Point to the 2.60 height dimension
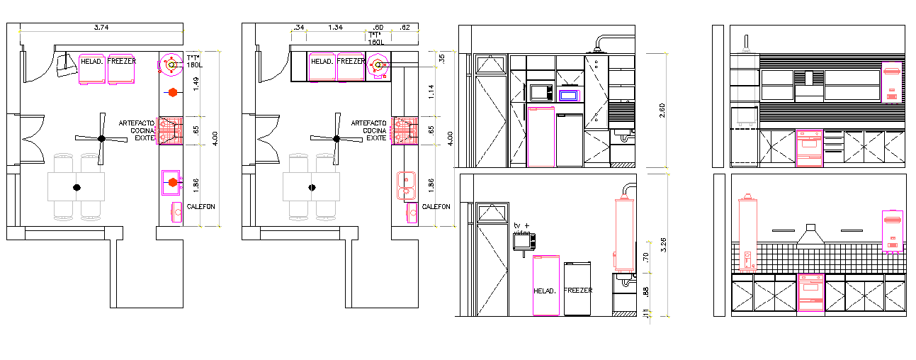click(x=662, y=111)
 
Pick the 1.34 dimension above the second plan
click(x=335, y=28)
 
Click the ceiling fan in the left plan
click(x=101, y=137)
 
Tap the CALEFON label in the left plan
click(x=200, y=207)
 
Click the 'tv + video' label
click(x=522, y=228)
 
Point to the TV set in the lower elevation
click(x=524, y=242)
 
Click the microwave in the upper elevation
click(x=539, y=91)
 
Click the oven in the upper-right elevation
click(x=810, y=148)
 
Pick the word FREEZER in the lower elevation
click(x=577, y=291)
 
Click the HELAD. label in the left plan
click(x=93, y=62)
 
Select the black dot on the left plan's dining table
click(x=77, y=187)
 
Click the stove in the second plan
click(x=405, y=130)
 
